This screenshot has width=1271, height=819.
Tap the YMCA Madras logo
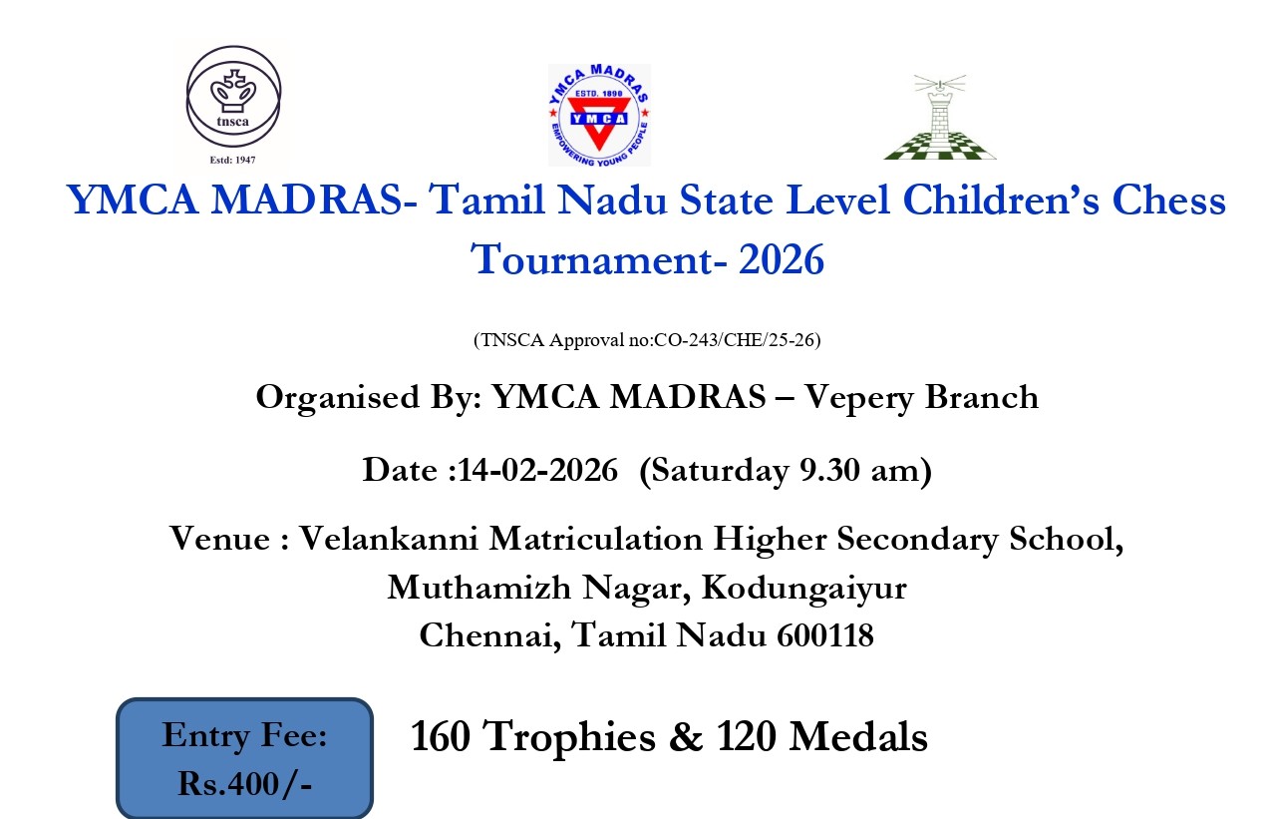point(599,115)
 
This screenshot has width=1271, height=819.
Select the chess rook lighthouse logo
point(940,117)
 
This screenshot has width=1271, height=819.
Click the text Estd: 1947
point(232,161)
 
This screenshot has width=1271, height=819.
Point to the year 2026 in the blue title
point(782,259)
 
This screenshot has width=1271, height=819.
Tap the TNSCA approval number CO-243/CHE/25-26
point(735,339)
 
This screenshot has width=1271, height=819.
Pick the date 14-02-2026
point(537,470)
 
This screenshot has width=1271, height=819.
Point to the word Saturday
point(719,471)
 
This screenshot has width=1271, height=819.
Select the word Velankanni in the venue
point(389,538)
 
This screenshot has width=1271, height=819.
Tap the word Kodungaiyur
point(804,588)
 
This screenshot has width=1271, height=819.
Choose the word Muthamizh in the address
point(479,587)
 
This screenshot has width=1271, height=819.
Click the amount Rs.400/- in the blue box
point(244,784)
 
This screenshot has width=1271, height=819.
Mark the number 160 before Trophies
point(441,736)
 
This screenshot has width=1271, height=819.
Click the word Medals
point(858,736)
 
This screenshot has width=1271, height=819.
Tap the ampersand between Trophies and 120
point(686,736)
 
